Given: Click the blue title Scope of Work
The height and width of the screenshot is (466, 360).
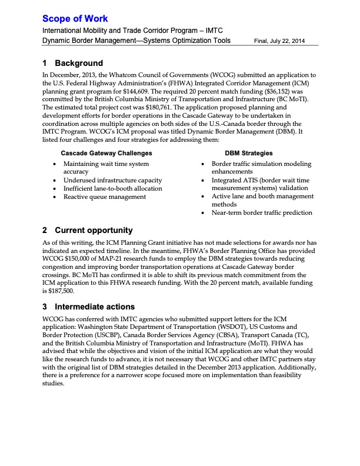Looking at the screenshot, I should pos(75,19).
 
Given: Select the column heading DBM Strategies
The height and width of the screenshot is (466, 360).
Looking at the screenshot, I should pos(249,153).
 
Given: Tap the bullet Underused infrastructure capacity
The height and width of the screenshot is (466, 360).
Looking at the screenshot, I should pos(112,180).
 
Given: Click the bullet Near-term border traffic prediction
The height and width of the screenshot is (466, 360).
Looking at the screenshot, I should pos(262,212).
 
